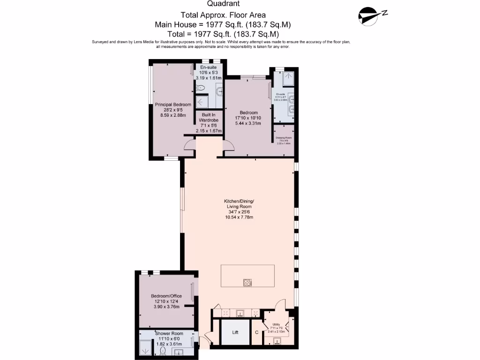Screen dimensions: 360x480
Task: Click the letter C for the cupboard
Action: coord(256,333)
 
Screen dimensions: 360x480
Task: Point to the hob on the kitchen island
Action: coord(247,282)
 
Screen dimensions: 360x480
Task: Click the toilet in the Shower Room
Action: coord(163,350)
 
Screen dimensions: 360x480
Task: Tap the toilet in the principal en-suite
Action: coord(202,88)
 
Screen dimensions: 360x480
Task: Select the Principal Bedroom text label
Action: coord(173,105)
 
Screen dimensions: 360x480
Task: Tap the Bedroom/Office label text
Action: coord(166,296)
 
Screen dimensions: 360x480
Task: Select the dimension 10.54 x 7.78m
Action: coord(239,217)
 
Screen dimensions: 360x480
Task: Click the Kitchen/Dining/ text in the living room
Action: coord(239,202)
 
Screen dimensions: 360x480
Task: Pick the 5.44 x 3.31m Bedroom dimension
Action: coord(248,123)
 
